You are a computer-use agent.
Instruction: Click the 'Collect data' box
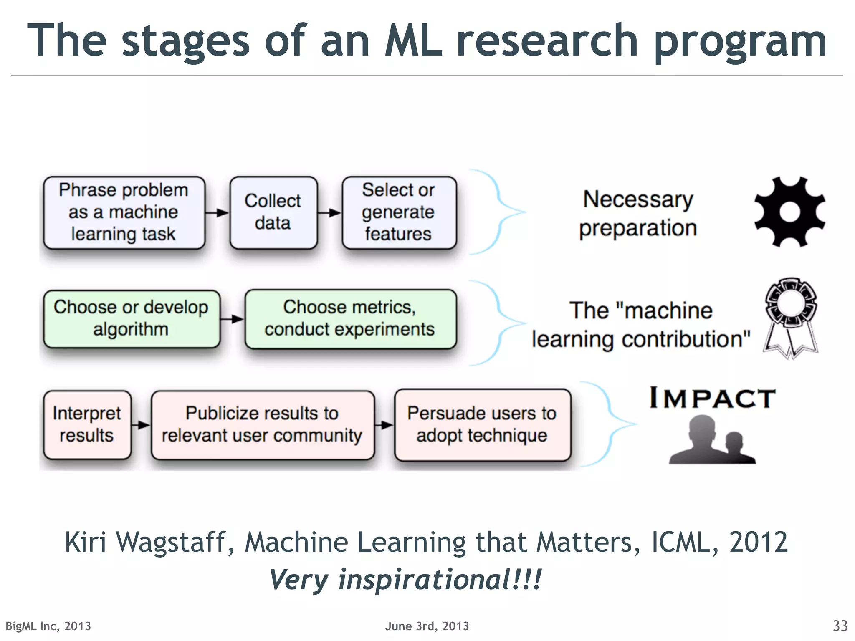[x=273, y=212]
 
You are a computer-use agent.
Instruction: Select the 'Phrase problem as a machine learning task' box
[x=124, y=212]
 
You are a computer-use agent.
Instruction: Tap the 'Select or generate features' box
[x=399, y=212]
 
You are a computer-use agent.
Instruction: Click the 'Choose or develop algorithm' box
[x=131, y=319]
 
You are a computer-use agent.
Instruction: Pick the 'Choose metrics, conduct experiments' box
[x=350, y=319]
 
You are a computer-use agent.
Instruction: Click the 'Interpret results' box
[x=87, y=425]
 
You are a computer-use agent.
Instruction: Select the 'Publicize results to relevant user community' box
[x=262, y=425]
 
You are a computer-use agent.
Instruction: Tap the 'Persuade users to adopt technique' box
[x=482, y=425]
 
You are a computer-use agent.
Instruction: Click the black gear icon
[x=789, y=212]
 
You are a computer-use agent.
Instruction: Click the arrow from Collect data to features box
[x=330, y=213]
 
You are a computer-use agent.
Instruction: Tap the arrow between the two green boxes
[x=233, y=319]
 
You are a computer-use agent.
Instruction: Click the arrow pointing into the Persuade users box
[x=384, y=425]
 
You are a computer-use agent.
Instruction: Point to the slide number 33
[x=840, y=626]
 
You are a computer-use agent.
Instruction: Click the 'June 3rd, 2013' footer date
[x=427, y=626]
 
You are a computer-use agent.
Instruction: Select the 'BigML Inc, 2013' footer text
[x=48, y=626]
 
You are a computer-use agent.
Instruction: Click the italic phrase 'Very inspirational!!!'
[x=405, y=580]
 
